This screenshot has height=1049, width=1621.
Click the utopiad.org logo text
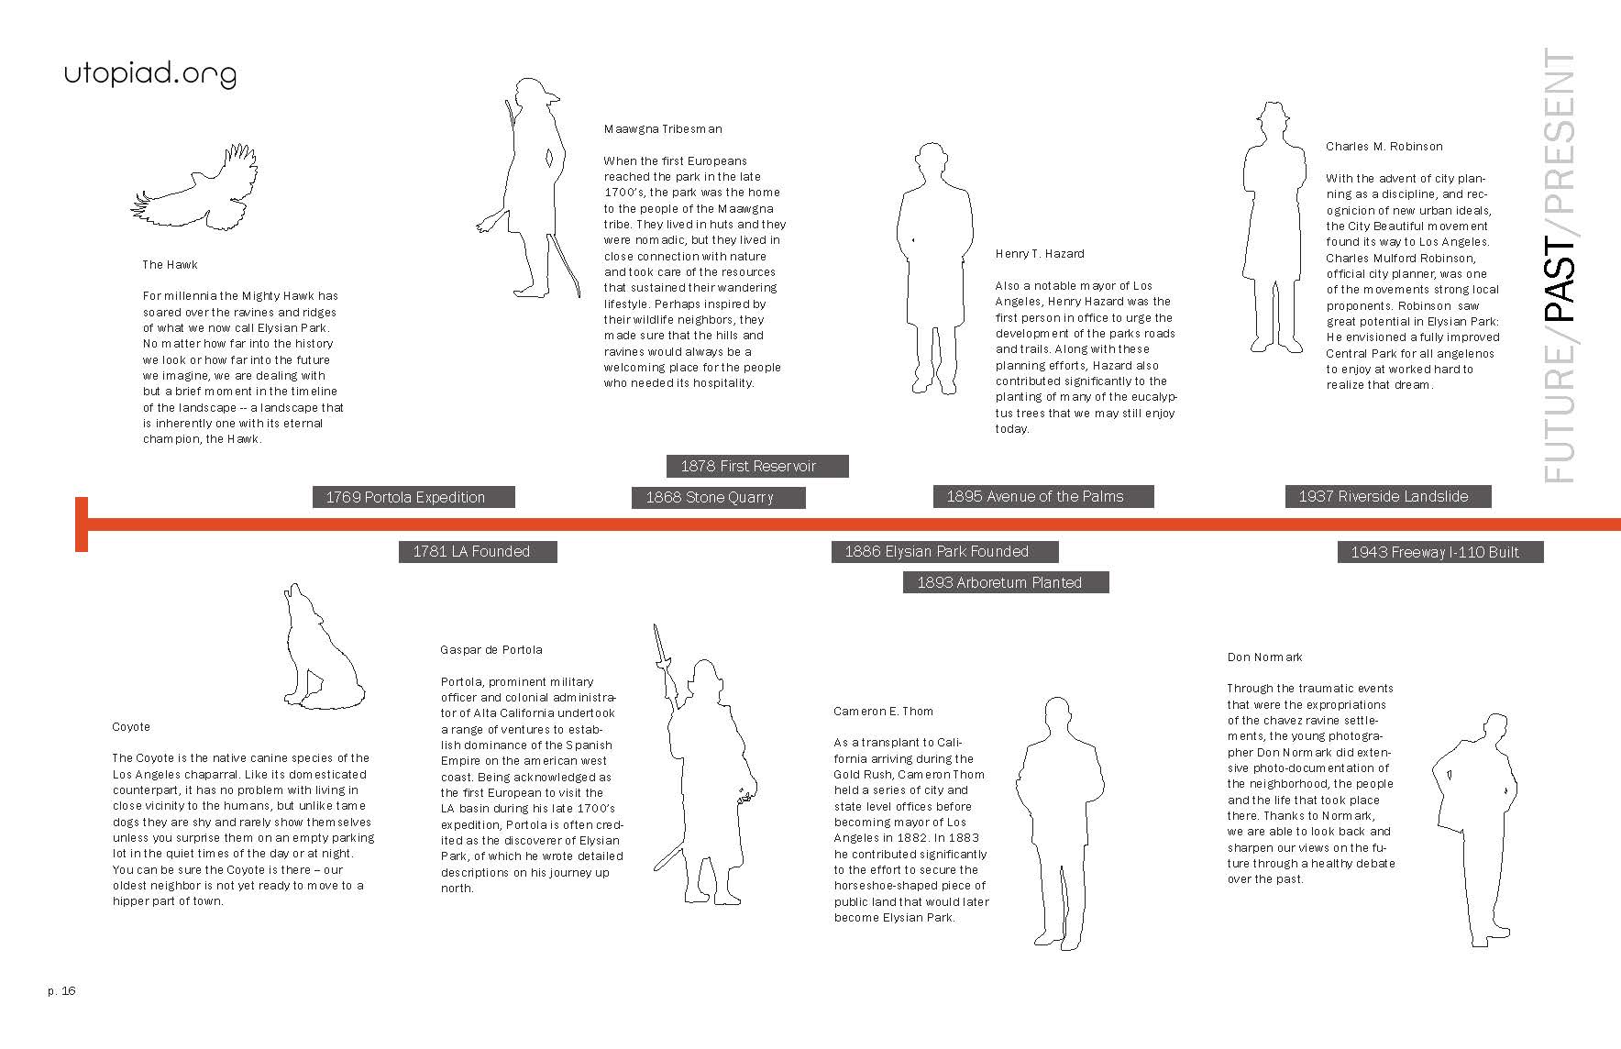point(149,74)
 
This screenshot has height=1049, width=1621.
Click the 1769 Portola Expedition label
point(414,497)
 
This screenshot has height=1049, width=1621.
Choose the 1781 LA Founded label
point(478,551)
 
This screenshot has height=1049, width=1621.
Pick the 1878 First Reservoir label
point(756,466)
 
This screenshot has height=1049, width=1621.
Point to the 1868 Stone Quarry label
point(718,497)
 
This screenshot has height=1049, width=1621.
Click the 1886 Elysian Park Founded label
point(944,551)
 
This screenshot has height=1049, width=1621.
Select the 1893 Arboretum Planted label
point(1006,582)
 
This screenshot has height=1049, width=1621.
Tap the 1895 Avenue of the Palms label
point(1042,496)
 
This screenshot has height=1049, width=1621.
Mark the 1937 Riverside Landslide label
point(1387,496)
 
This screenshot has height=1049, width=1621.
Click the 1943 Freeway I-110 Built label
point(1439,552)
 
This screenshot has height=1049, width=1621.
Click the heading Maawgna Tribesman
point(663,129)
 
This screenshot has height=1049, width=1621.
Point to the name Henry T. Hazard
point(1040,254)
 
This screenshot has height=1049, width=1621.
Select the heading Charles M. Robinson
point(1384,147)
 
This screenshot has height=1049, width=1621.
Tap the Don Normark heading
point(1264,657)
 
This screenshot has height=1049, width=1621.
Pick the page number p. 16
point(62,990)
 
